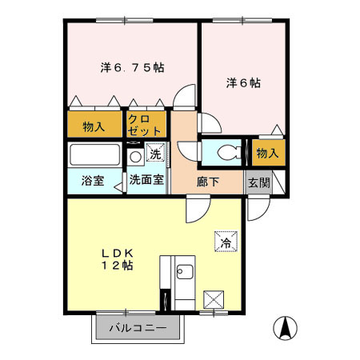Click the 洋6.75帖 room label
132,69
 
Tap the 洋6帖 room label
244,82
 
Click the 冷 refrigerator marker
226,239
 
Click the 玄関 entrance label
258,181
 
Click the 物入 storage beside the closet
94,126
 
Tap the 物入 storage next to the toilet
267,152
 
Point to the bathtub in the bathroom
94,154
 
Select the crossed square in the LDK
214,301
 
